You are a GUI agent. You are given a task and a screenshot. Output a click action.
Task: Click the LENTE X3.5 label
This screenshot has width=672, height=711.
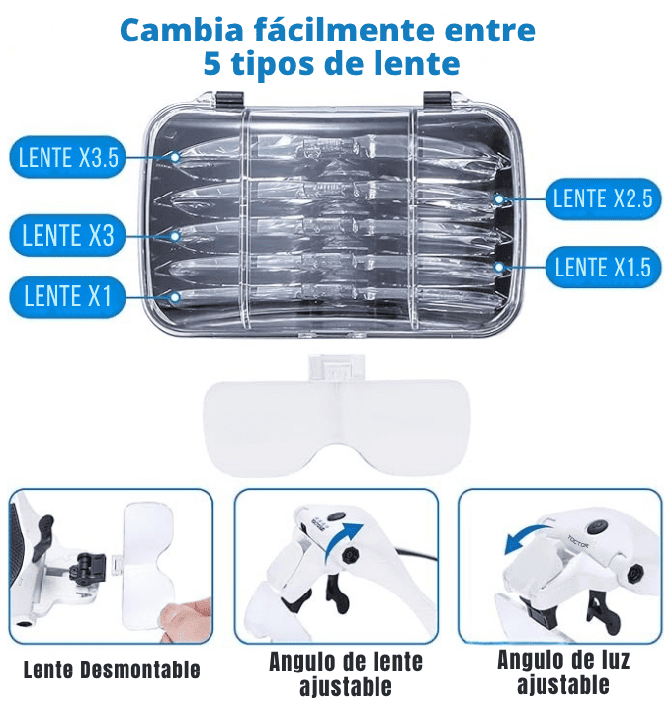67,157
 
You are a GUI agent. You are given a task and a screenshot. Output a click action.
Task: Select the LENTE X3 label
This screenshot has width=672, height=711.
67,235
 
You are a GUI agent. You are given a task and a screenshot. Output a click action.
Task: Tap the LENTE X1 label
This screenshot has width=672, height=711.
67,296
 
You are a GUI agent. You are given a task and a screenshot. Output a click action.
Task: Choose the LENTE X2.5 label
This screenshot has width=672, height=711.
603,198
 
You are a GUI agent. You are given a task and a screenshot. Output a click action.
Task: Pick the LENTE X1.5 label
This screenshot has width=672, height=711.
603,267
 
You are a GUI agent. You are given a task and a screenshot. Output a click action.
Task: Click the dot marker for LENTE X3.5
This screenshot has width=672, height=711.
175,157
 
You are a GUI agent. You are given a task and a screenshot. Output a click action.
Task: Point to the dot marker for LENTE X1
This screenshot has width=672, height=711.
175,297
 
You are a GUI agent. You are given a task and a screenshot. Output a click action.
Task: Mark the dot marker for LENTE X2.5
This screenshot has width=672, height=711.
499,199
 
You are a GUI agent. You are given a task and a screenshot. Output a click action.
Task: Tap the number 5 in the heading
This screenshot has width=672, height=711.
211,63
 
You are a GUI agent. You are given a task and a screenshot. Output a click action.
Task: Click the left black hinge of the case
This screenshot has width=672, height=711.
230,99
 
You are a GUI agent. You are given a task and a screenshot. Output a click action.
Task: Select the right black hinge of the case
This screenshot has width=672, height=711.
437,99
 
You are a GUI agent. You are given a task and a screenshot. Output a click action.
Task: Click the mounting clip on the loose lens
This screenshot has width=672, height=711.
336,367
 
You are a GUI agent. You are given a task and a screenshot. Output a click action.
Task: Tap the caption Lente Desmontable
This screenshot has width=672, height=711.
112,670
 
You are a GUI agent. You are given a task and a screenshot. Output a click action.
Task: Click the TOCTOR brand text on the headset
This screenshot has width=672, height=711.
578,541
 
